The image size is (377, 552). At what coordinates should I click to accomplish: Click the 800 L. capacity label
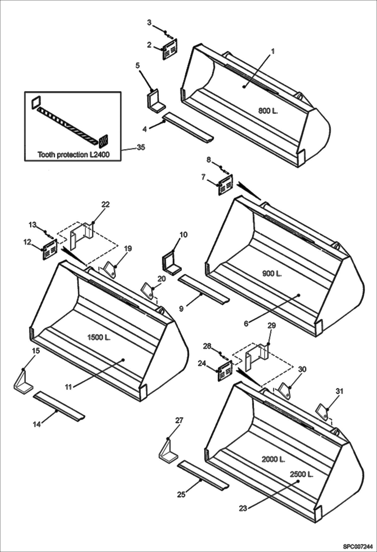coord(268,111)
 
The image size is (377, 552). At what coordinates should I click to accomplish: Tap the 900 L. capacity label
coord(272,274)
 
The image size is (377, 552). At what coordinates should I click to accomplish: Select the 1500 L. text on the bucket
coord(99,338)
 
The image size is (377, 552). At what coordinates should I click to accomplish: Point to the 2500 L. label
coord(301,475)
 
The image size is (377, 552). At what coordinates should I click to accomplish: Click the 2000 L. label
coord(273,459)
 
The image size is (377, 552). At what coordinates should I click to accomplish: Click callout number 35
coord(141,147)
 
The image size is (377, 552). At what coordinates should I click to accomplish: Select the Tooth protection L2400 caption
coord(73,154)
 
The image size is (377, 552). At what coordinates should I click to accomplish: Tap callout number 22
coord(105,205)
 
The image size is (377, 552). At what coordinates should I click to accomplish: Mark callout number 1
coord(273,51)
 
